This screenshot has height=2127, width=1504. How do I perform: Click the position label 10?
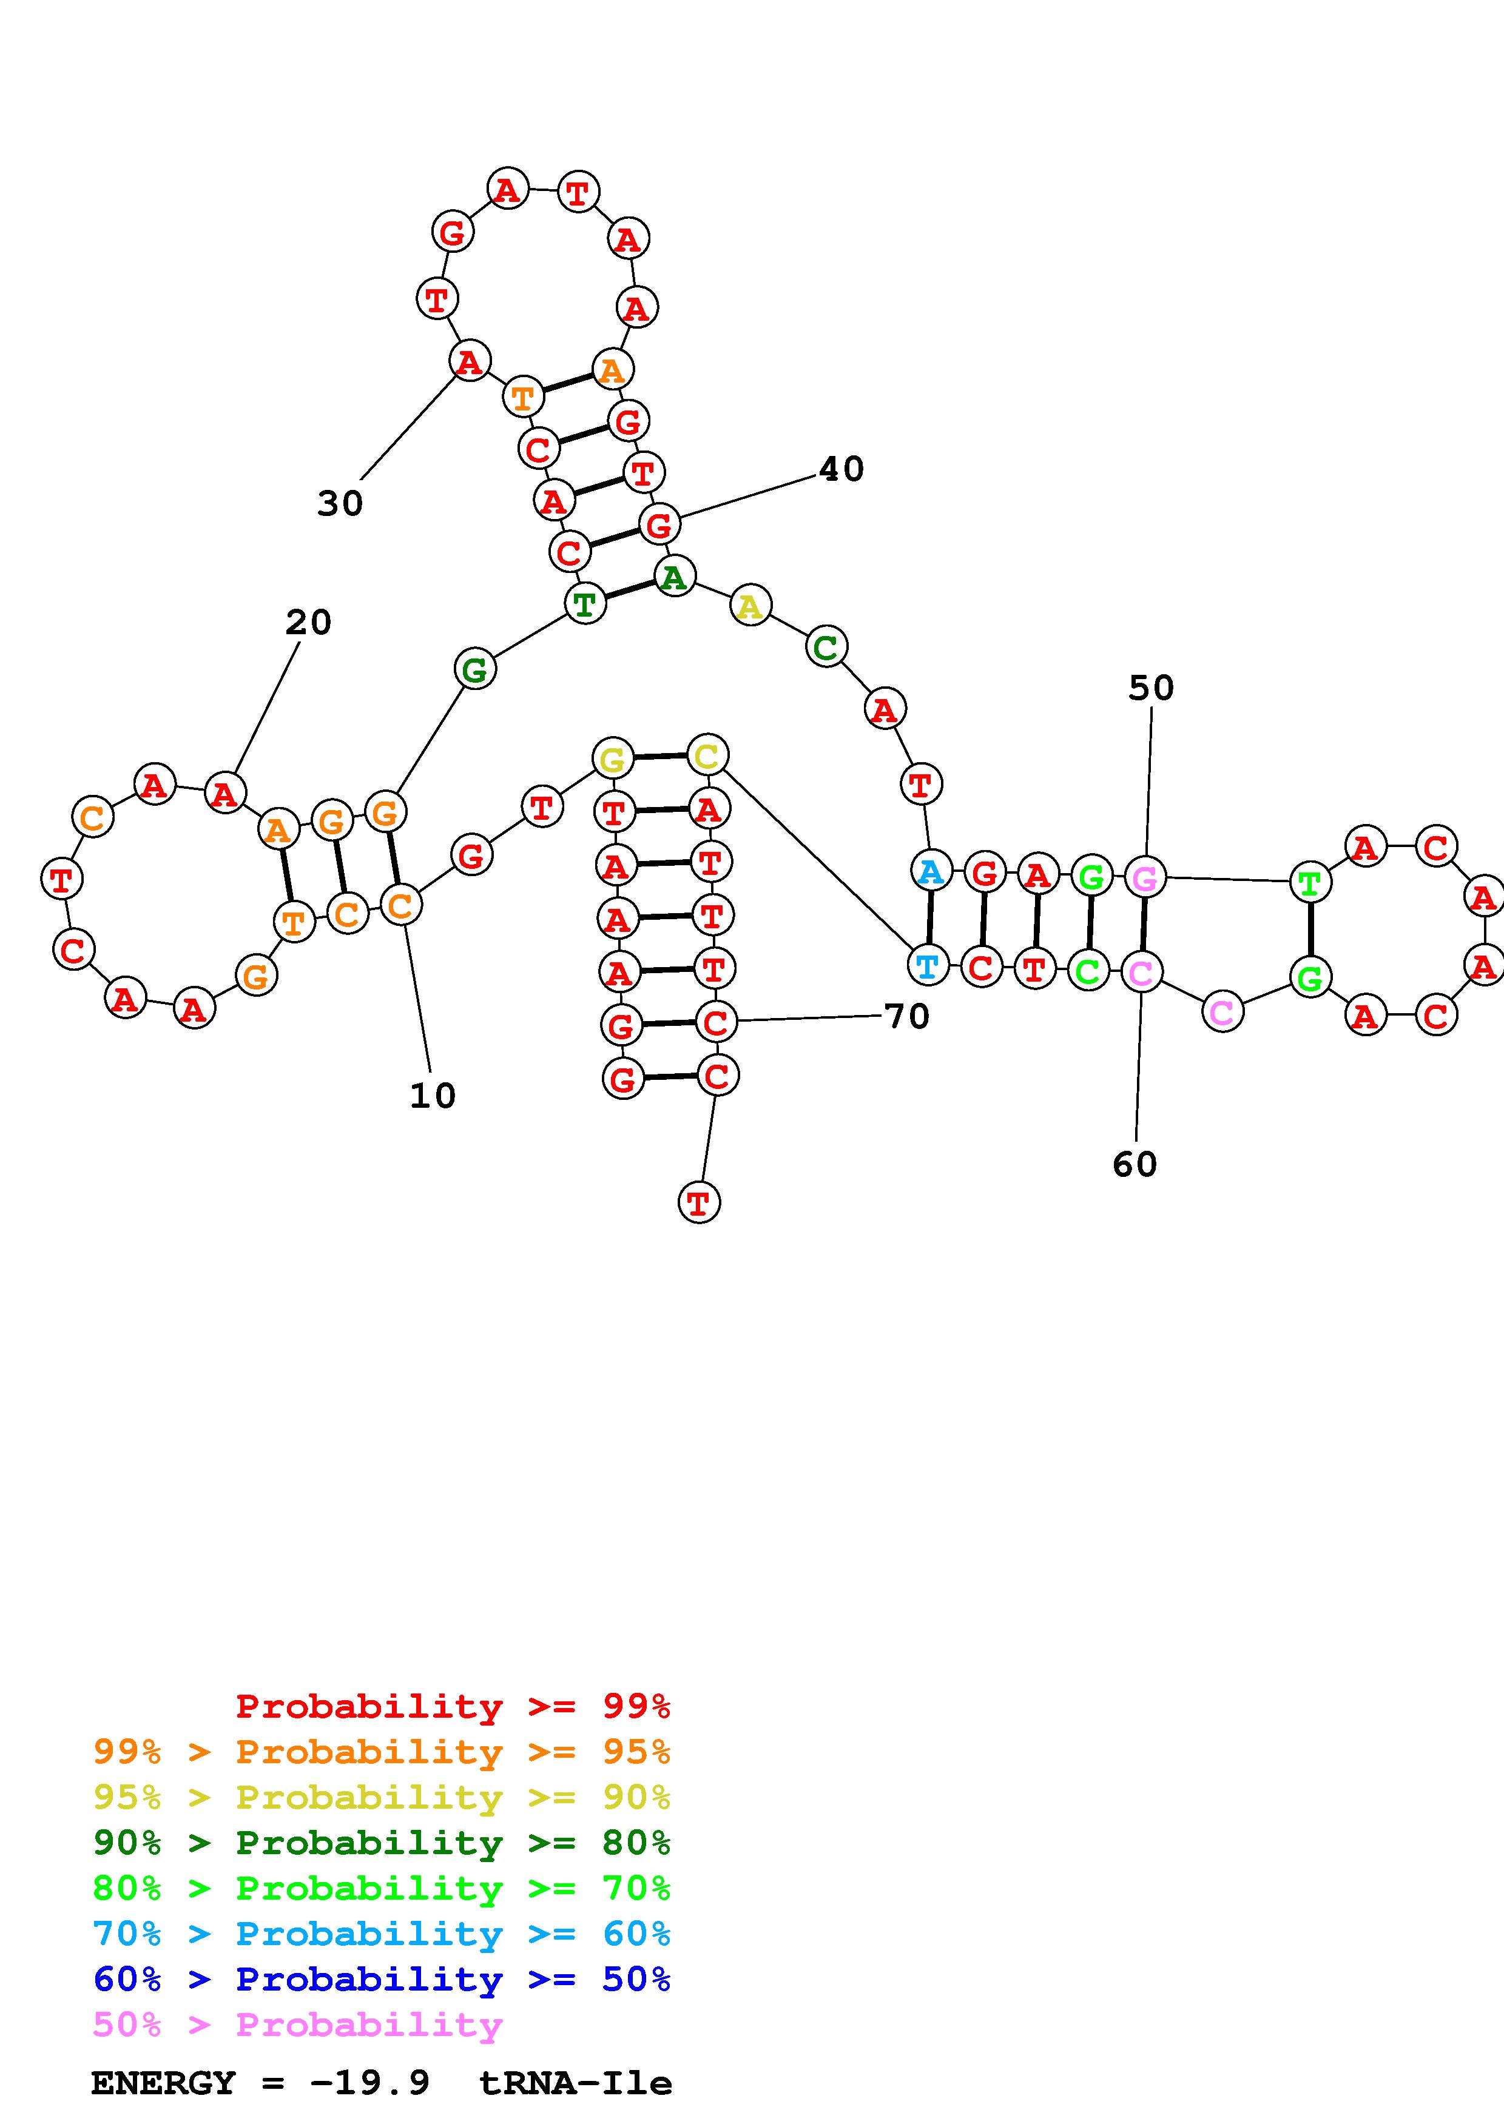tap(433, 1096)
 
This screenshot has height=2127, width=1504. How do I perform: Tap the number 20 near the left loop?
tap(309, 623)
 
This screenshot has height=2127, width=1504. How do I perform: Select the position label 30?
tap(340, 504)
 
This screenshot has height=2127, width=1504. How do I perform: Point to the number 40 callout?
tap(841, 470)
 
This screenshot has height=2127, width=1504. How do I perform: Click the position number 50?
tap(1151, 688)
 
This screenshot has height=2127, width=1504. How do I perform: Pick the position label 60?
tap(1135, 1165)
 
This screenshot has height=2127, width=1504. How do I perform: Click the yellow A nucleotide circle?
tap(750, 607)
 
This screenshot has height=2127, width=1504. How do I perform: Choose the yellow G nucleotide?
tap(612, 760)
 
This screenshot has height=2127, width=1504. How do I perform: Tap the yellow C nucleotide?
tap(707, 756)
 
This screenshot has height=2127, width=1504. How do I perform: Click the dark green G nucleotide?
tap(474, 669)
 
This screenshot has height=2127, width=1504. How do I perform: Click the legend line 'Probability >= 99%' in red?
tap(453, 1706)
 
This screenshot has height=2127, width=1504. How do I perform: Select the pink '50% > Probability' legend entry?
tap(297, 2025)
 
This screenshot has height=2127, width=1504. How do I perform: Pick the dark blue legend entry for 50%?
tap(382, 1980)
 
